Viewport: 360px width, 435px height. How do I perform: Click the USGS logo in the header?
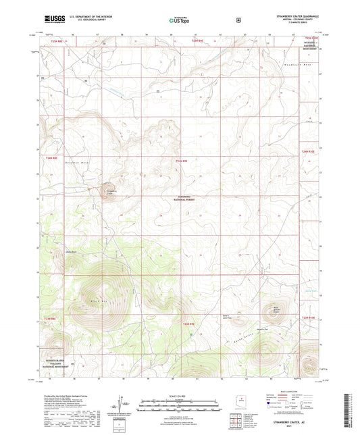pyautogui.click(x=54, y=20)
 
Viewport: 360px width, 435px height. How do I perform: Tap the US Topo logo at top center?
pyautogui.click(x=178, y=20)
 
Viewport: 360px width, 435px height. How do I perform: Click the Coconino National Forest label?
pyautogui.click(x=183, y=199)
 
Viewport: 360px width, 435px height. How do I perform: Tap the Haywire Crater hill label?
pyautogui.click(x=275, y=310)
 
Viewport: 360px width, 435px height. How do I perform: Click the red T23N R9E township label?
pyautogui.click(x=190, y=324)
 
